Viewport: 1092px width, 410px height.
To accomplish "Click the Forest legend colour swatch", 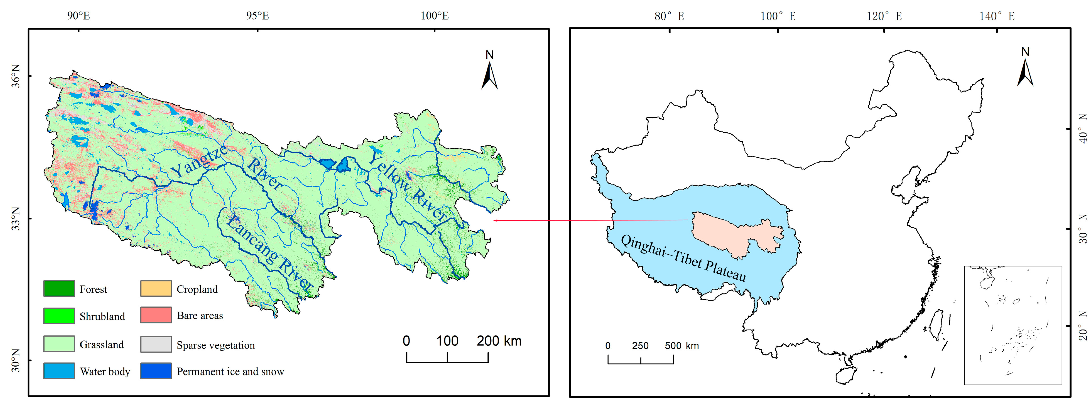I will pos(59,289).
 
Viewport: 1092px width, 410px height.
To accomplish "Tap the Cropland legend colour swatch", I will pos(156,289).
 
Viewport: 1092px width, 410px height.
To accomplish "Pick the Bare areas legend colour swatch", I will pos(156,315).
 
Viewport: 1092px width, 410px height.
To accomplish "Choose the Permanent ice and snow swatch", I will pos(156,371).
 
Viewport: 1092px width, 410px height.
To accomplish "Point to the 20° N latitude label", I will pos(1082,326).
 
